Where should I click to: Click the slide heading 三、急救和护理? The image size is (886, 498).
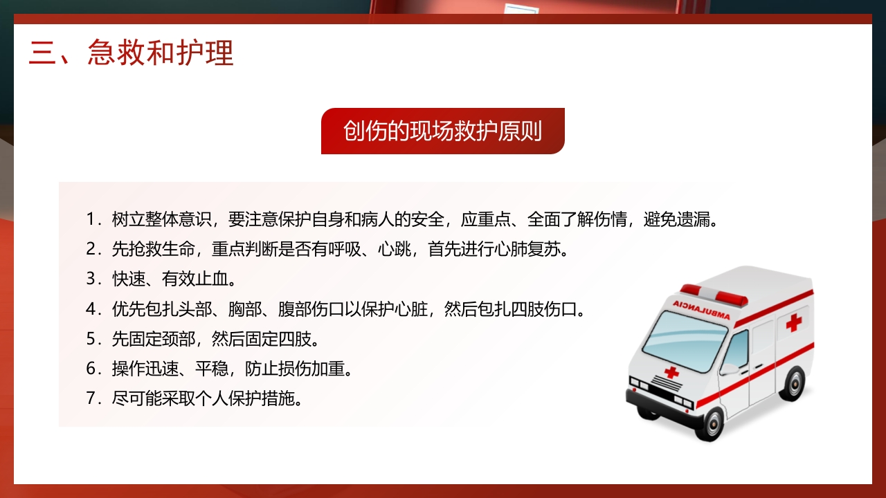[132, 53]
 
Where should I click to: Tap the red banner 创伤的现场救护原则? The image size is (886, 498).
[442, 131]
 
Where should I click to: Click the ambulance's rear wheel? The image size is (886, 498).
[795, 382]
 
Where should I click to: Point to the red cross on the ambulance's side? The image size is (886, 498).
[793, 322]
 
